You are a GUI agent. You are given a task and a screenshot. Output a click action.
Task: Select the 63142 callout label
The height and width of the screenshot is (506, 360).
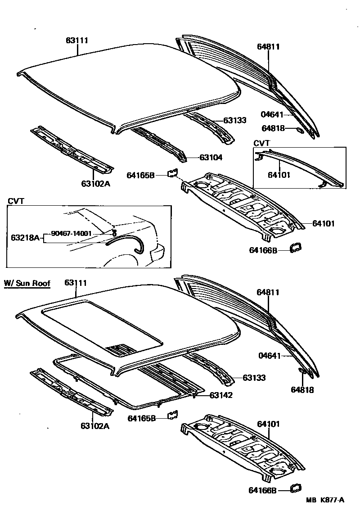[220, 395]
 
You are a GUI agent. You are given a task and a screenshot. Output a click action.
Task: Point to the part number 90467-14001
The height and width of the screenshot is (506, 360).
[71, 233]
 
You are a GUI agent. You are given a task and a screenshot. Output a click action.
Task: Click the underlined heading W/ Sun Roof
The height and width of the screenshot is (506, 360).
[27, 283]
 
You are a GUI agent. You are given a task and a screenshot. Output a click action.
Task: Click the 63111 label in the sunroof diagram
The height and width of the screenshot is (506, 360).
[76, 283]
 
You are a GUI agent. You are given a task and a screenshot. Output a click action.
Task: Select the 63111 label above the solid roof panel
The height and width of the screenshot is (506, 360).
[77, 41]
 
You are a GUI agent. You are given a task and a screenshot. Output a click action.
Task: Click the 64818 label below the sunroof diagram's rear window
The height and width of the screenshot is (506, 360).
[302, 390]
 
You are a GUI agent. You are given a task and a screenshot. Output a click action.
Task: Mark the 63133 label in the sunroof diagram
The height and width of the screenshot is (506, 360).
[254, 378]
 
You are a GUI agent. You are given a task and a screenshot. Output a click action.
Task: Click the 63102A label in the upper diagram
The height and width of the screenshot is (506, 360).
[95, 184]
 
